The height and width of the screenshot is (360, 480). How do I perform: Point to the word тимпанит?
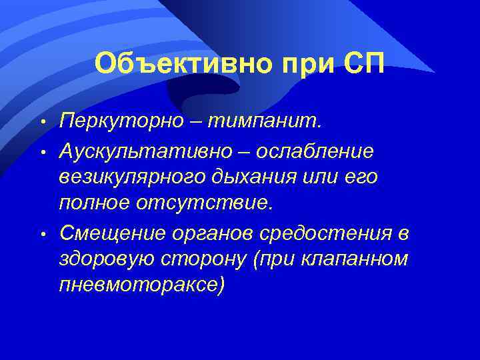[263, 123]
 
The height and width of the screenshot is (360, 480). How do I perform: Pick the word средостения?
[323, 233]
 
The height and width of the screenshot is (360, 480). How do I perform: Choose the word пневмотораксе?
[143, 285]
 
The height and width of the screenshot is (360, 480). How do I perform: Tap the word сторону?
[200, 259]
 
